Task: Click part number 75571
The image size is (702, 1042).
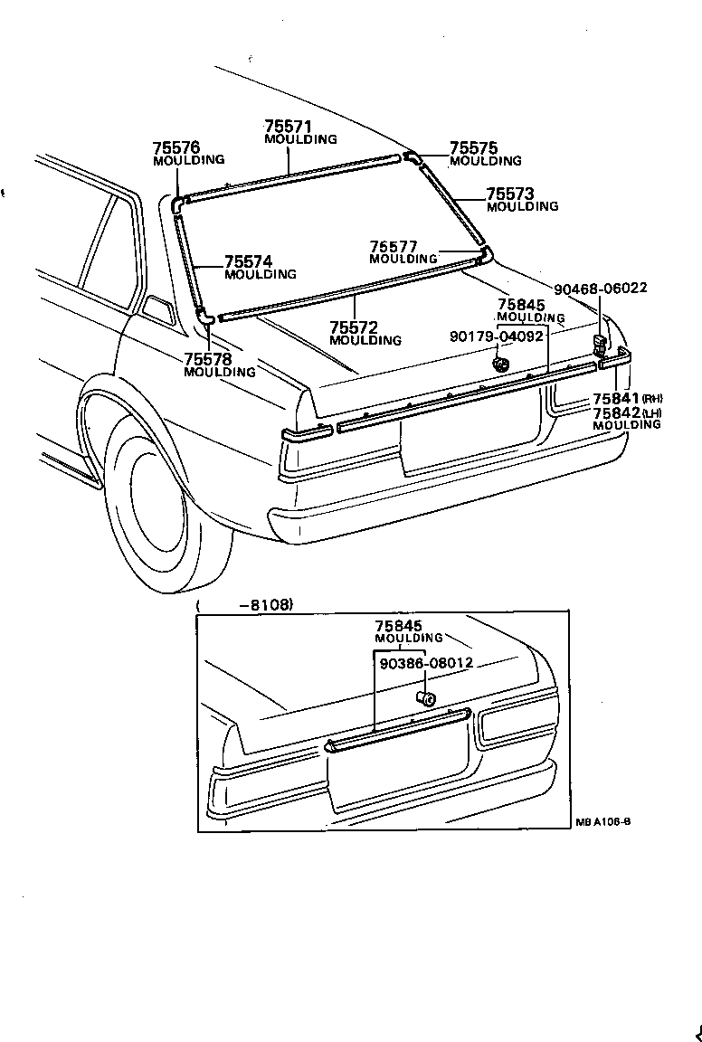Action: coord(287,127)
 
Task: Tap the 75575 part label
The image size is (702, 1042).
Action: coord(473,148)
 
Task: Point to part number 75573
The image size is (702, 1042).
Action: coord(510,194)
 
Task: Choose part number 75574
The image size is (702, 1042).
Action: coord(248,261)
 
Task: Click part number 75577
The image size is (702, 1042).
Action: coord(394,246)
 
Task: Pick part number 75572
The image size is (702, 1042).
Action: coord(354,327)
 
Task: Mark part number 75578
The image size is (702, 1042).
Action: coord(208,359)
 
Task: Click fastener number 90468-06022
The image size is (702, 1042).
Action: coord(601,289)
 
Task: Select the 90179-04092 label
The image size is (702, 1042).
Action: coord(497,336)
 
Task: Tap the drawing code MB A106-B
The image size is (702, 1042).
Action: coord(602,823)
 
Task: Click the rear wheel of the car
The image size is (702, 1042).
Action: coord(154,507)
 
